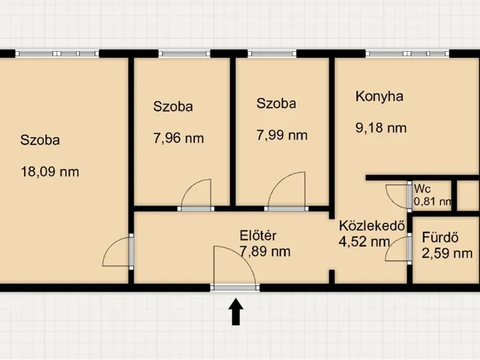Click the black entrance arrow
[235, 311]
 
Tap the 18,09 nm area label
[50, 172]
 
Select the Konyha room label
[379, 97]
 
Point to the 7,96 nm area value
[178, 138]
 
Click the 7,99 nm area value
[282, 135]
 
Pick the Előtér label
[258, 236]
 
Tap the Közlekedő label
[372, 226]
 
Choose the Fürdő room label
[440, 238]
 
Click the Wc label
[422, 189]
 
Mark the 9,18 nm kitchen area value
[381, 127]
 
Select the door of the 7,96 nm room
[196, 193]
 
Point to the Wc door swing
[397, 196]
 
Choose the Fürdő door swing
[397, 248]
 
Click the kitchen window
[407, 54]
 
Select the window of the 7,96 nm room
[184, 54]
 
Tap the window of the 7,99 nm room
[271, 54]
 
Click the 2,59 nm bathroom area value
[447, 253]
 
